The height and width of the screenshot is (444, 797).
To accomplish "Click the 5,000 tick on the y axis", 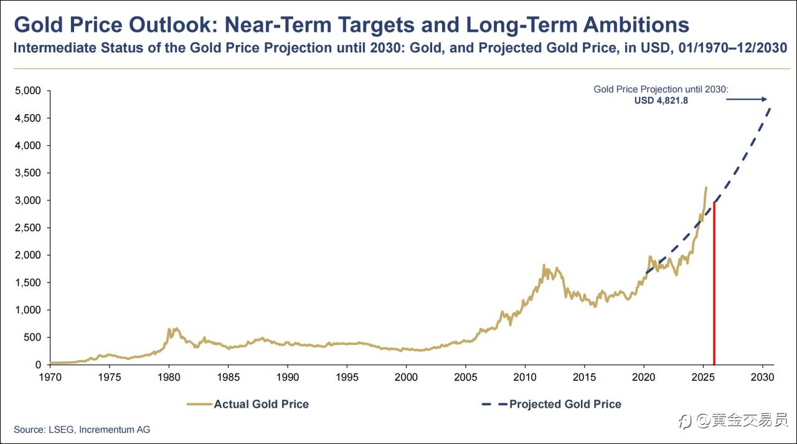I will pos(27,91).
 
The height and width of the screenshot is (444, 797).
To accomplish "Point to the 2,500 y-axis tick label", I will pos(27,228).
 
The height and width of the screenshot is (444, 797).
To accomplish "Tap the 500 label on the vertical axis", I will pos(32,337).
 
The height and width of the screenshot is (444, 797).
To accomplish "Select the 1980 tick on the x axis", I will pos(168,377).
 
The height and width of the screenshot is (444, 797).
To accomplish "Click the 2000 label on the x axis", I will pos(405,377).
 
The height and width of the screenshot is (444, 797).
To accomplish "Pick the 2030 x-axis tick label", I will pos(762,377).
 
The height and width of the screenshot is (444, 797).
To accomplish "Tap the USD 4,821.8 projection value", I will pos(661,100).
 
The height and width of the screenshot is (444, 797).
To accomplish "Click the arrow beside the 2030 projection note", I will pos(747,99).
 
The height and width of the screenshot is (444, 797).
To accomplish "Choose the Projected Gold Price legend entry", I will pos(552,404).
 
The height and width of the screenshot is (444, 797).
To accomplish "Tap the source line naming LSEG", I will pos(82,430).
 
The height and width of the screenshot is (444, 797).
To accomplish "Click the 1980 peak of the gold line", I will pos(169,329).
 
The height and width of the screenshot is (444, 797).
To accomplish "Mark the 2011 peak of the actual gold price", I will pos(544,265).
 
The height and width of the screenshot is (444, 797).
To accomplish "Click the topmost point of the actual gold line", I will pos(705,187).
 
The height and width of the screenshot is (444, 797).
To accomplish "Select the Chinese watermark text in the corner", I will pos(741,421).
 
